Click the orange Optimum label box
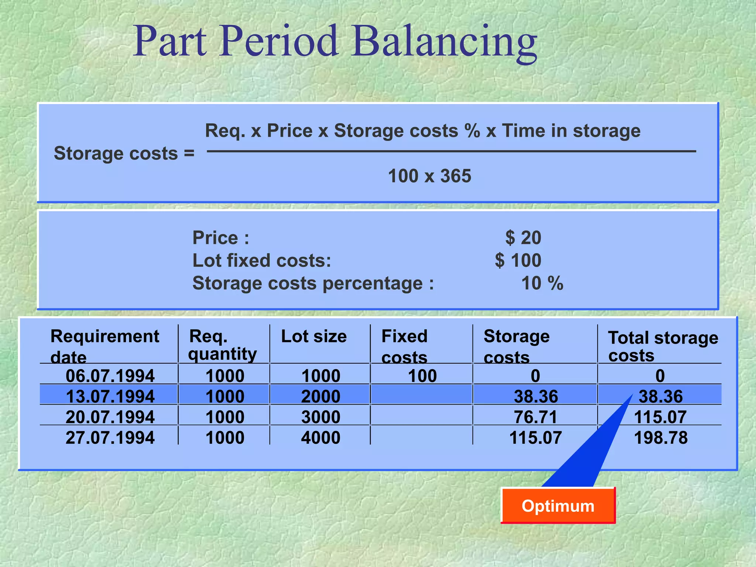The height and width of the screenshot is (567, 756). coord(558,506)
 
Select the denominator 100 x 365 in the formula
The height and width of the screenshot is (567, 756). coord(429,176)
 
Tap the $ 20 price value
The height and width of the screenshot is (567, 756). coord(523,238)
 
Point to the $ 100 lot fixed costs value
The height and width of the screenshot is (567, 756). coord(518,261)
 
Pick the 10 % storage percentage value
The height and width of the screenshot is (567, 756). coord(542,283)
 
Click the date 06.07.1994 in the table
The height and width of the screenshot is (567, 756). coord(110,376)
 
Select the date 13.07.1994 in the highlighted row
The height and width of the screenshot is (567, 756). coord(110,396)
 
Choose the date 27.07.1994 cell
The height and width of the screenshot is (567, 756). coord(110,438)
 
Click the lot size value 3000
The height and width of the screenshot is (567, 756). coord(320,417)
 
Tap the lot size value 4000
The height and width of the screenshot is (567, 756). coord(320,438)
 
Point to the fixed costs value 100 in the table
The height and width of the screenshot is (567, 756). coord(422,376)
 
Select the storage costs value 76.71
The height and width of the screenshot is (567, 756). coord(535,417)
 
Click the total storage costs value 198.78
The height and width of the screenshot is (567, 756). coord(660,438)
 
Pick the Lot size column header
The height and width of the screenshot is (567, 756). coord(314,337)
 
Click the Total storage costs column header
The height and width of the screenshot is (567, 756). coord(663,346)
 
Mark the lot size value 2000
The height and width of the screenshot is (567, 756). coord(320,396)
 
